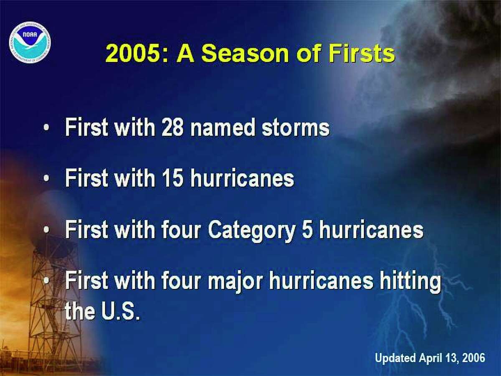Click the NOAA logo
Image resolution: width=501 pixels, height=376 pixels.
coord(30,42)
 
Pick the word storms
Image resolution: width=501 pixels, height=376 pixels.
coord(296,128)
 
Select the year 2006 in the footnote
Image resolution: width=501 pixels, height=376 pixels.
coord(474,358)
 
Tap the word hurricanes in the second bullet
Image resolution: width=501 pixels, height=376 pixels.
coord(242,179)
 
